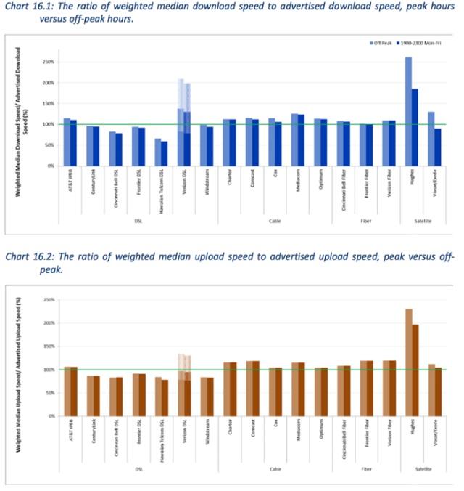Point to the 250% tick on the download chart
[x=51, y=62]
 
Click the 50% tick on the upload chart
[x=51, y=393]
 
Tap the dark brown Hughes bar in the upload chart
[x=415, y=370]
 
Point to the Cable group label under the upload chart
[x=275, y=469]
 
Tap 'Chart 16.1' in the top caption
[x=28, y=8]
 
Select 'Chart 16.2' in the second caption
[x=28, y=257]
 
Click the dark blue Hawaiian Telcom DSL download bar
[x=165, y=153]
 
